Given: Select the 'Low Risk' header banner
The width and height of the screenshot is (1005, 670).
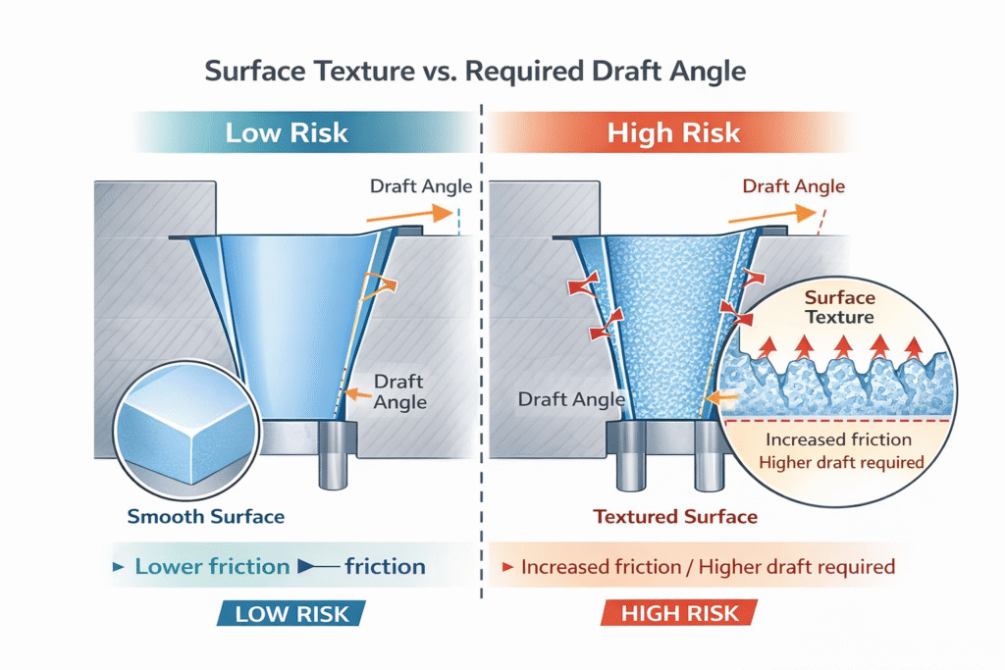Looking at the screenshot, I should [x=286, y=132].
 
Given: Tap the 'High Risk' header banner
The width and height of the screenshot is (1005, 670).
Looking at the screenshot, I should [x=673, y=132].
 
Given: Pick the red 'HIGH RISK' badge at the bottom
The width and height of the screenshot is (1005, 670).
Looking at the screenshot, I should [x=678, y=614].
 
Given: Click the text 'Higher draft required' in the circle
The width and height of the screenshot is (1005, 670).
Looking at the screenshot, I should [x=842, y=462].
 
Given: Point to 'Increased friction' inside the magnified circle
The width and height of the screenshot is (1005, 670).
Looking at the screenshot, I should [x=838, y=439].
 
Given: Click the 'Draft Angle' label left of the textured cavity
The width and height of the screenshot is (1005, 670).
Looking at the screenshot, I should [x=570, y=399].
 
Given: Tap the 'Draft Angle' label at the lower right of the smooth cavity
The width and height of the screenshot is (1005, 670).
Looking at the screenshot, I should [x=398, y=391].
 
